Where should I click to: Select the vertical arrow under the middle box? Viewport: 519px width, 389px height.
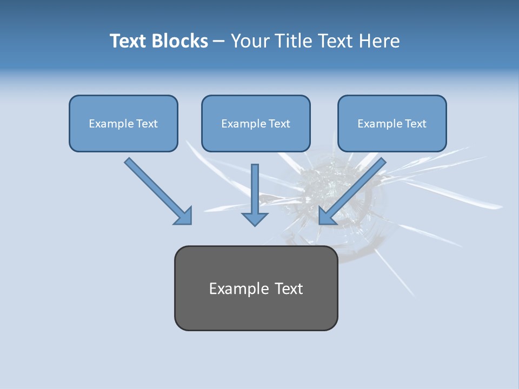click(255, 189)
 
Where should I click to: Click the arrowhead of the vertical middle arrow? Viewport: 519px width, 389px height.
click(255, 218)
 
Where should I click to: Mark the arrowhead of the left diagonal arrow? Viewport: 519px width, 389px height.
click(184, 216)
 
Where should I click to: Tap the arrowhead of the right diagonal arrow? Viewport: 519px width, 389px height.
click(327, 216)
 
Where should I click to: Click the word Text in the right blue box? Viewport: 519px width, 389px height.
click(415, 124)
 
